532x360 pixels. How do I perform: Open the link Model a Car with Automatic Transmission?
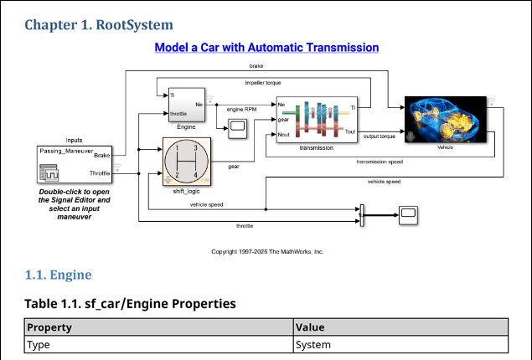click(x=266, y=48)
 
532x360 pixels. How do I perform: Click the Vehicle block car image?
click(x=445, y=119)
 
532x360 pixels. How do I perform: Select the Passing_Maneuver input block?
click(x=75, y=164)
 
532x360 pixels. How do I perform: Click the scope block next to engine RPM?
click(x=237, y=126)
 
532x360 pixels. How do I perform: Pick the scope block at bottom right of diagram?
click(x=408, y=215)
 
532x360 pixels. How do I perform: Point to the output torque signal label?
click(x=379, y=136)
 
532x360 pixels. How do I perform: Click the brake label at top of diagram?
click(x=257, y=65)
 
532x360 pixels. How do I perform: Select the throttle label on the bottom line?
click(x=245, y=226)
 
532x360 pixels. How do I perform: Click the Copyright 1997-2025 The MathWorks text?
click(x=266, y=251)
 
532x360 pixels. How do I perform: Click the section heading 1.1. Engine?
click(x=58, y=275)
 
